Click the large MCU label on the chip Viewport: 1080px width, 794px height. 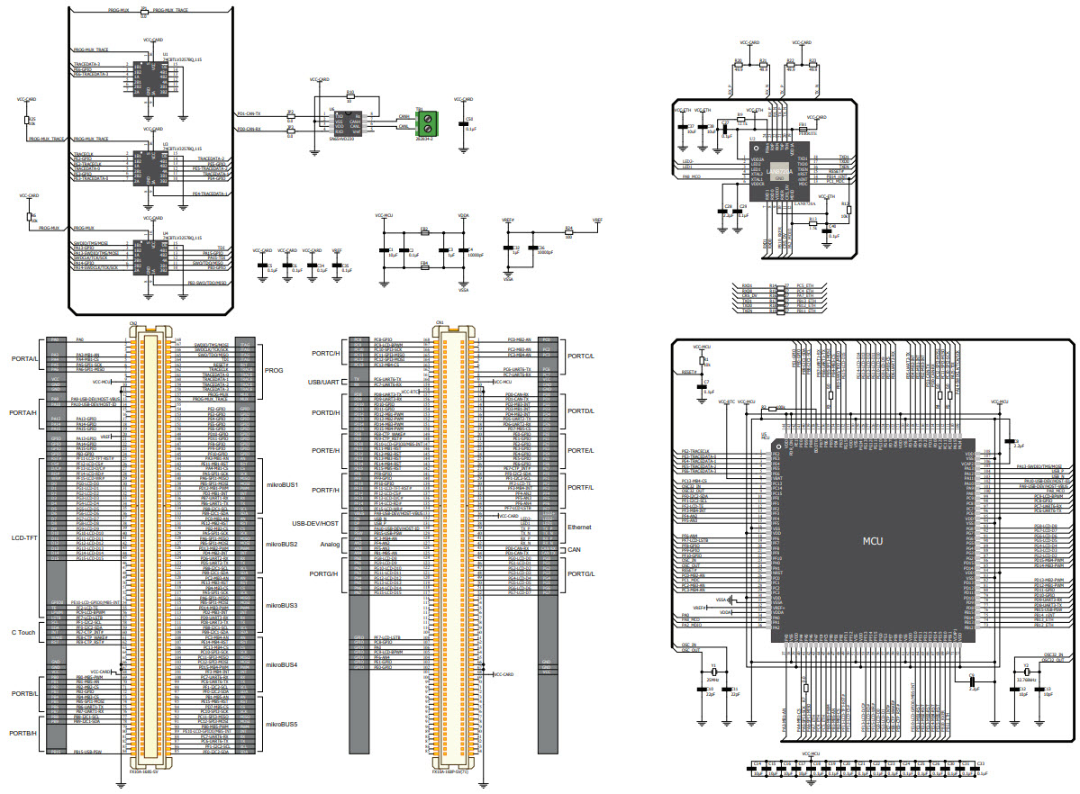click(x=871, y=541)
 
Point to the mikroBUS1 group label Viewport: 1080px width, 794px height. click(x=282, y=485)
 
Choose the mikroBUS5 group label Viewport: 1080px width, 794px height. click(x=282, y=724)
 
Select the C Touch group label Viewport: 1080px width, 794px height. click(x=23, y=632)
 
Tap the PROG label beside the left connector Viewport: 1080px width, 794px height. click(x=274, y=370)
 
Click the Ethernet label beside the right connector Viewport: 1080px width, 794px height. click(x=579, y=527)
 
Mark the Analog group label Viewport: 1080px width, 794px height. click(x=330, y=544)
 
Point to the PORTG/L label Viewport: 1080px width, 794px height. click(x=581, y=573)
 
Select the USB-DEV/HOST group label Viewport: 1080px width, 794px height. click(x=315, y=523)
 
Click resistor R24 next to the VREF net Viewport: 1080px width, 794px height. click(x=567, y=231)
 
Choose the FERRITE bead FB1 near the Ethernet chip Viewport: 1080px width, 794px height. click(x=803, y=129)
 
